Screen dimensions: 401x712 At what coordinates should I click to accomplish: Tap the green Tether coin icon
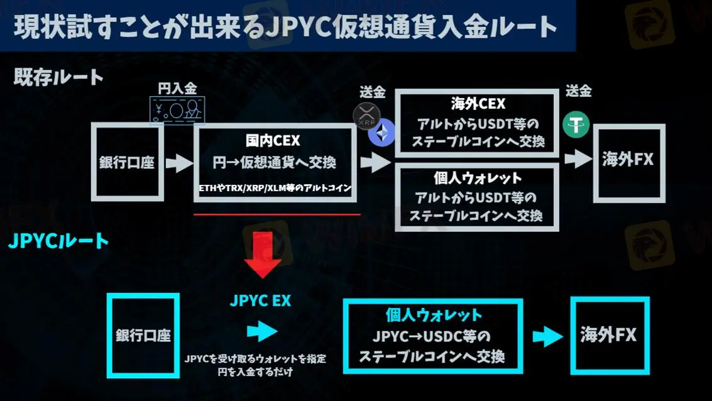point(576,124)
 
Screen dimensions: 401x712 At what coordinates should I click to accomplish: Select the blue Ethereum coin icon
point(381,133)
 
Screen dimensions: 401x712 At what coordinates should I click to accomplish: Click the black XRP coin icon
point(366,117)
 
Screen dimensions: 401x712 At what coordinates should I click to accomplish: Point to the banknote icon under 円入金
point(176,111)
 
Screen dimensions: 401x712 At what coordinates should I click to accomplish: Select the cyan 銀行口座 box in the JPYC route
point(143,335)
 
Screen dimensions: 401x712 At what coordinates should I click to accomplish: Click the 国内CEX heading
point(273,141)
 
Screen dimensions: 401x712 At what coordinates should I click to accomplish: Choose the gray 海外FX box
point(628,161)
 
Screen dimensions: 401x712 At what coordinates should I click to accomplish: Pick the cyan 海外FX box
point(608,336)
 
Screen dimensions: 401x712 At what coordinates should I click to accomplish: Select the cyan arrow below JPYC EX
point(261,331)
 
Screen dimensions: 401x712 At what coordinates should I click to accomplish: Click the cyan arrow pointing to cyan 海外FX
point(546,337)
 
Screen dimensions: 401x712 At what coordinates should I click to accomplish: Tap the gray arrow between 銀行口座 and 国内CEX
point(178,163)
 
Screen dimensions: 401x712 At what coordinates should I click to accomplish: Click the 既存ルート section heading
point(58,77)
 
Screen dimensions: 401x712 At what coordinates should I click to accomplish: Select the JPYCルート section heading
point(58,241)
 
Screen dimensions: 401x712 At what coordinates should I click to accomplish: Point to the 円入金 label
point(177,89)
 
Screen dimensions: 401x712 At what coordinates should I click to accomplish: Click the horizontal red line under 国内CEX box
point(277,214)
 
